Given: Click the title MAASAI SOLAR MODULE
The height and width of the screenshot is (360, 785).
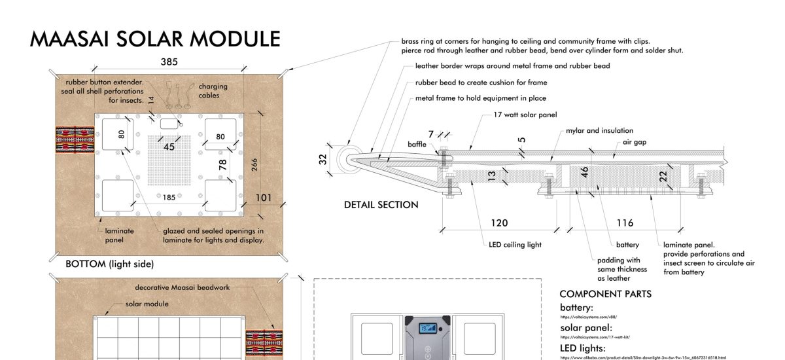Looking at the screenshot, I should click(155, 39).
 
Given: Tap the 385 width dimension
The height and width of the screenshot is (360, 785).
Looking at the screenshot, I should click(169, 62).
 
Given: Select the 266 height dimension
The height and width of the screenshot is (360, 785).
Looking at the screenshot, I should click(254, 164).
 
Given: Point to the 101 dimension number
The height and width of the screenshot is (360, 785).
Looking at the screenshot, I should click(264, 197).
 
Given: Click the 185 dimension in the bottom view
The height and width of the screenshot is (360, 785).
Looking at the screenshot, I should click(169, 196).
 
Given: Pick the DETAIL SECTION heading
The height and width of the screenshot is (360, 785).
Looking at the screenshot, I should click(381, 205).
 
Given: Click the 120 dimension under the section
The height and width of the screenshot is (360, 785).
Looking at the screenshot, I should click(499, 223).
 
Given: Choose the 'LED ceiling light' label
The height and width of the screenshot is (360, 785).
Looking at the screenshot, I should click(515, 245).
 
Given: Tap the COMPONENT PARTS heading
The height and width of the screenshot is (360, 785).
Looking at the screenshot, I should click(605, 294).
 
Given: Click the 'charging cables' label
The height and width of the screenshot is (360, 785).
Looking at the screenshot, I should click(213, 90).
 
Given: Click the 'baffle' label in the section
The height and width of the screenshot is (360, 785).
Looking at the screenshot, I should click(417, 143).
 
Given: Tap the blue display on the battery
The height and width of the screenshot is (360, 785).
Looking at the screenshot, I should click(428, 327).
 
